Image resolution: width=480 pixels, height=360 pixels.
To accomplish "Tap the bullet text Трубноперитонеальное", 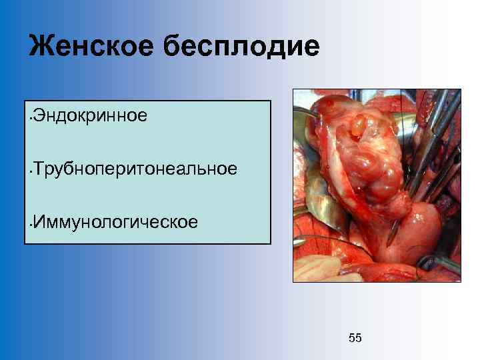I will coord(134,168).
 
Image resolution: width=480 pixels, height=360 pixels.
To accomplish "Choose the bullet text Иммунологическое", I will coord(115,221).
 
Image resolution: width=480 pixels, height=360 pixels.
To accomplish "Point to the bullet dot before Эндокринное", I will coord(31,119).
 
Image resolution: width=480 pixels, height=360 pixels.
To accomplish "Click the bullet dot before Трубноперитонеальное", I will coord(31,171).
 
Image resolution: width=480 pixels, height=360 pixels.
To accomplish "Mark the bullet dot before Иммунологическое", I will coord(31,224).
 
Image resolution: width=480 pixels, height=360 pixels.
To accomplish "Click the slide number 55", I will coord(355,339).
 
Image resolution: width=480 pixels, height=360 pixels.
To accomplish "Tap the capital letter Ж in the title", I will coord(41,47).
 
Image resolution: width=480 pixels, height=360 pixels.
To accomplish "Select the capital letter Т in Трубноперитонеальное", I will coord(39,168).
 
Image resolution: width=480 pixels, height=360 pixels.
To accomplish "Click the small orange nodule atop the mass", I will coord(362,125).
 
